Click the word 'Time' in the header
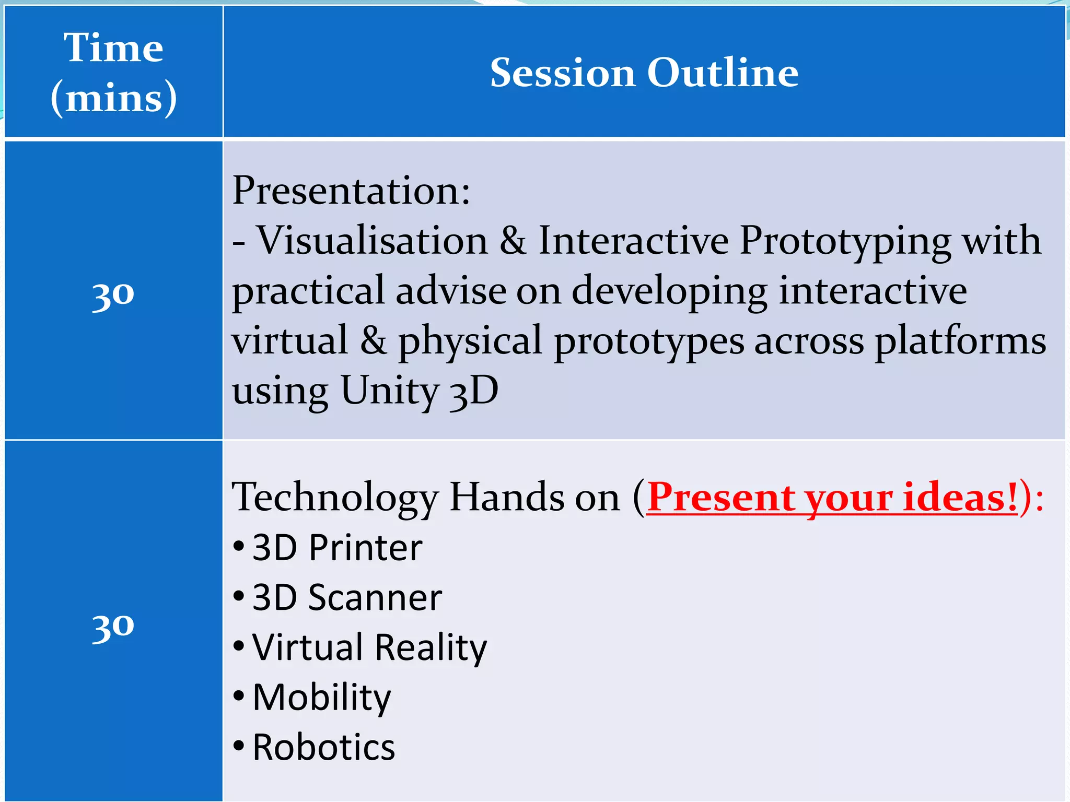tap(113, 48)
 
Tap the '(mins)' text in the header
tap(113, 98)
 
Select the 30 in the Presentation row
tap(113, 294)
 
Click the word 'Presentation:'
tap(351, 190)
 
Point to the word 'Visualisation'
tap(373, 240)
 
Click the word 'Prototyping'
tap(845, 241)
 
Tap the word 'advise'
tap(451, 290)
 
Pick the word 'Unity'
tap(390, 391)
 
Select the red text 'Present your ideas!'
tap(832, 497)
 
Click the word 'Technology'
tap(335, 498)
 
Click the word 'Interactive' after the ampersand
tap(633, 240)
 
